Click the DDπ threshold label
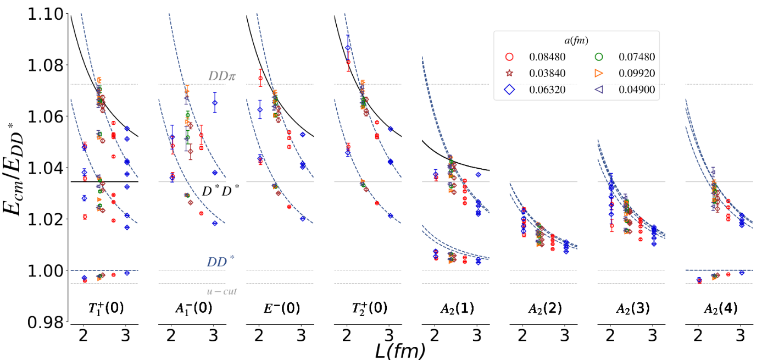tap(222, 76)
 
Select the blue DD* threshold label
tap(220, 262)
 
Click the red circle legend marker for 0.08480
tap(509, 57)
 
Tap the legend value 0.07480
tap(637, 57)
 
